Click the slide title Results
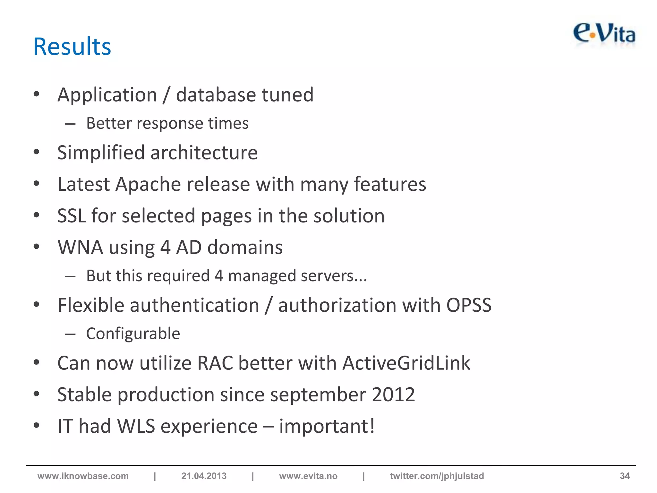coord(72,47)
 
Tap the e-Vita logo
coord(604,34)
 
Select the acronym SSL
coord(71,216)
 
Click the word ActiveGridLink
coord(406,363)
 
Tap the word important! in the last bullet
coord(327,426)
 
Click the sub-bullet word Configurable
coord(133,333)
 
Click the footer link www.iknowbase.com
coord(83,476)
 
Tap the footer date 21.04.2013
coord(204,476)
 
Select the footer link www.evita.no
coord(308,476)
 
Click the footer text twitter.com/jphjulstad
coord(437,476)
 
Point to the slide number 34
coord(625,476)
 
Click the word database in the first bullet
coord(216,95)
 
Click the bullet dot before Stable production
coord(37,394)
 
